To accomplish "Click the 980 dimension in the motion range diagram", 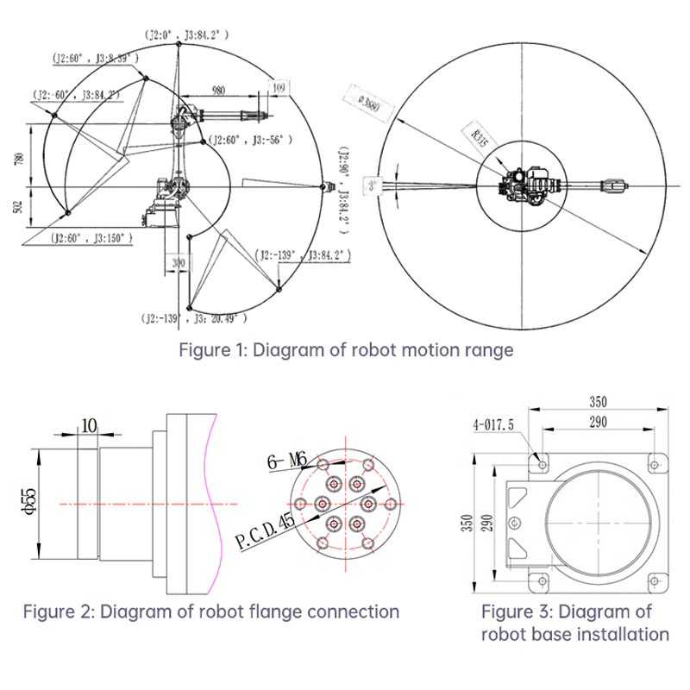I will pos(217,90).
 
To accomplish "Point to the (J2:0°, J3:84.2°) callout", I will pos(187,34).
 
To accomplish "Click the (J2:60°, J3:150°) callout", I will pos(89,236).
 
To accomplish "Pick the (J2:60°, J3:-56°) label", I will pos(252,139).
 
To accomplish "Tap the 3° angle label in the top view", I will pos(372,185).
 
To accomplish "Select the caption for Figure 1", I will pos(346,350).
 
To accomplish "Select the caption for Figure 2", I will pos(210,612).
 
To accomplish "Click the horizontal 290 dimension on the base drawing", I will pos(597,421).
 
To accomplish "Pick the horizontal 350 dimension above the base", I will pos(597,401).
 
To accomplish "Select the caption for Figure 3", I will pos(575,623).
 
